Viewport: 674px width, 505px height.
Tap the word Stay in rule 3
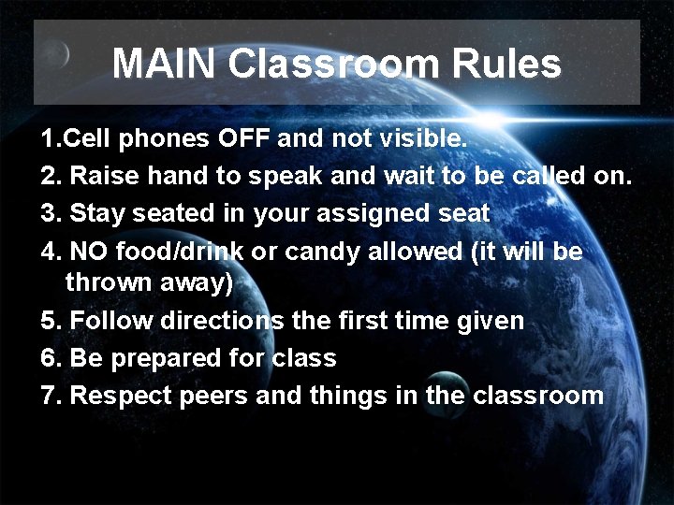click(98, 213)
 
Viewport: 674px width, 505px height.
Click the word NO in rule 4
click(89, 252)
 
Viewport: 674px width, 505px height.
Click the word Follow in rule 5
click(112, 321)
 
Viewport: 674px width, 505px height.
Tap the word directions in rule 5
click(223, 321)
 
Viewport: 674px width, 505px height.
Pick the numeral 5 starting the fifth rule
click(49, 321)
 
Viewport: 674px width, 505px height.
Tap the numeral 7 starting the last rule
click(49, 395)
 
